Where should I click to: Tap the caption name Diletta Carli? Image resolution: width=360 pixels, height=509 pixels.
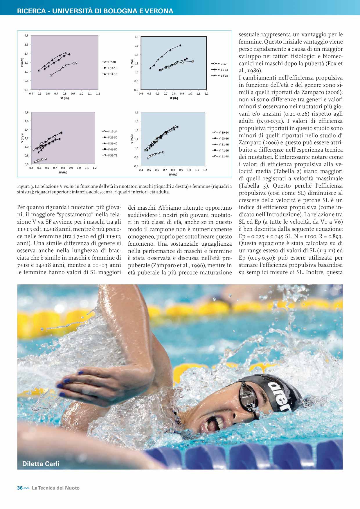pyautogui.click(x=41, y=464)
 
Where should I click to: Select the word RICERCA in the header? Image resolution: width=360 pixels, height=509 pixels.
pyautogui.click(x=31, y=11)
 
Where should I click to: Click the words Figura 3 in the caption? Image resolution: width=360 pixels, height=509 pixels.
pyautogui.click(x=25, y=186)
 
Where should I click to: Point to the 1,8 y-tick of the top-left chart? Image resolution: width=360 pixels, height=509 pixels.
pyautogui.click(x=26, y=35)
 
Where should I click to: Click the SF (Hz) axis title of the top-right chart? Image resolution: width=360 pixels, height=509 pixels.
pyautogui.click(x=174, y=98)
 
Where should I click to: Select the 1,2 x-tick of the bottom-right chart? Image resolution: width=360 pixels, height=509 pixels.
pyautogui.click(x=205, y=170)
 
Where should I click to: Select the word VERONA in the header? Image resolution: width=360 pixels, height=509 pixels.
pyautogui.click(x=159, y=11)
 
